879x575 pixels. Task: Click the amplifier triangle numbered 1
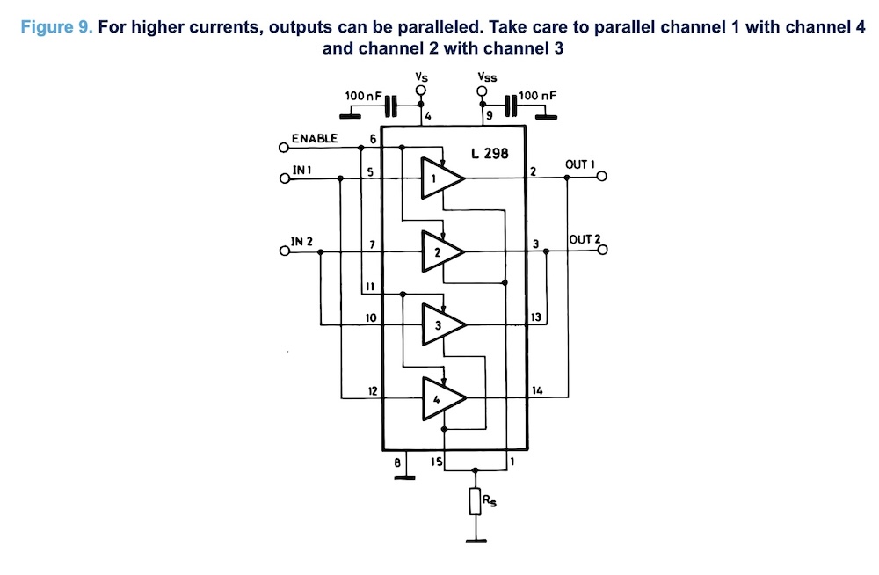pyautogui.click(x=439, y=178)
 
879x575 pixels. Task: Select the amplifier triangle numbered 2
pyautogui.click(x=439, y=251)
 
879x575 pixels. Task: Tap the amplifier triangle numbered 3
pyautogui.click(x=439, y=325)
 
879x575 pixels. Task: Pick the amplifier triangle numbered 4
pyautogui.click(x=439, y=398)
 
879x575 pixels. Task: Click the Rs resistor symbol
pyautogui.click(x=476, y=502)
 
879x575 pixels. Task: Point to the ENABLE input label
pyautogui.click(x=315, y=138)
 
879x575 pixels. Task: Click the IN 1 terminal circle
pyautogui.click(x=284, y=178)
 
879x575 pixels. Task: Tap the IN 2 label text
pyautogui.click(x=301, y=241)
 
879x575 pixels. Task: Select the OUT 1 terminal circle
pyautogui.click(x=602, y=178)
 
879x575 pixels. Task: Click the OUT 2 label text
pyautogui.click(x=585, y=239)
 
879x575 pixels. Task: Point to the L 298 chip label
pyautogui.click(x=490, y=154)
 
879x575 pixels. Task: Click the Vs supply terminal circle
pyautogui.click(x=421, y=91)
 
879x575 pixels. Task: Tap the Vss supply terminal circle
pyautogui.click(x=482, y=91)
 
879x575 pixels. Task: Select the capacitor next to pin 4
pyautogui.click(x=390, y=107)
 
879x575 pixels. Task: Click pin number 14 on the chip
pyautogui.click(x=538, y=389)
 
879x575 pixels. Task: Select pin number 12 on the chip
pyautogui.click(x=373, y=390)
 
